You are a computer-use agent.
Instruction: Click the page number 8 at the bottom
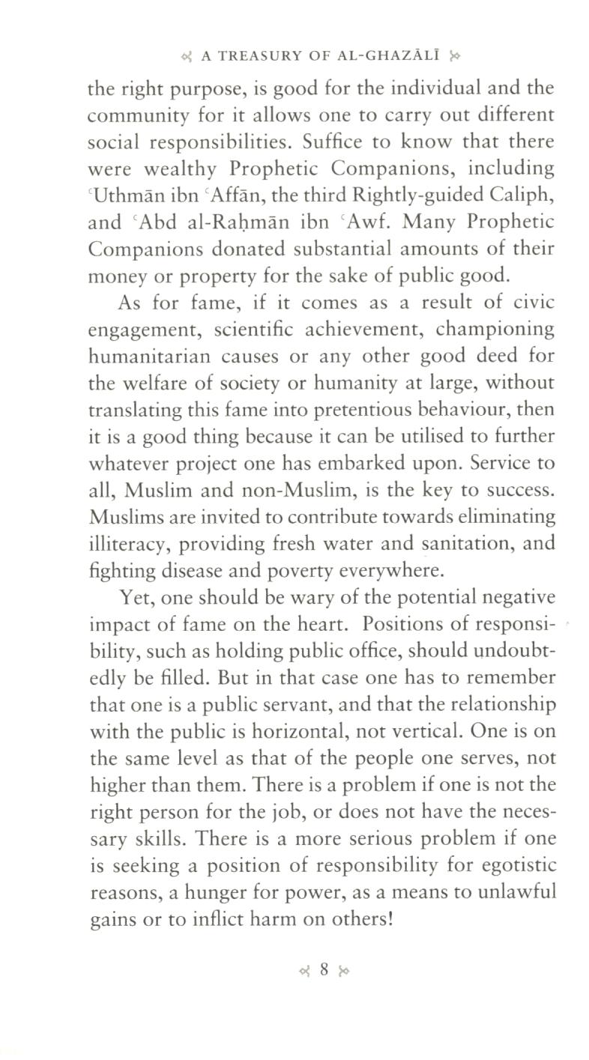(x=324, y=969)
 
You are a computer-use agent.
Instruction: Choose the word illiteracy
(x=125, y=544)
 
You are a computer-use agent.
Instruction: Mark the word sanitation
(x=452, y=544)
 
